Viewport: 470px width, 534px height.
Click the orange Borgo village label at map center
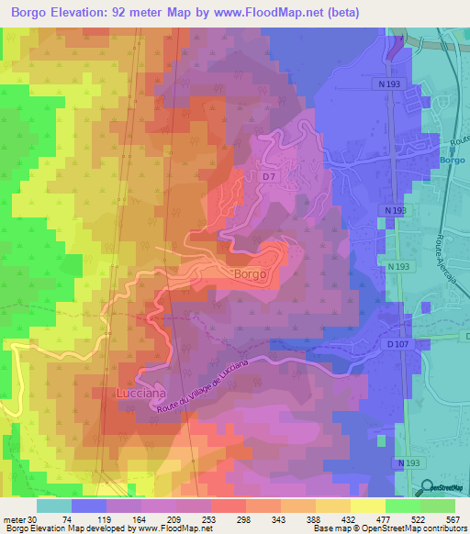pyautogui.click(x=250, y=274)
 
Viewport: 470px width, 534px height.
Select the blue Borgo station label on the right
pyautogui.click(x=453, y=160)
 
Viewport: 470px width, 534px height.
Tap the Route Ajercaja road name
pyautogui.click(x=449, y=229)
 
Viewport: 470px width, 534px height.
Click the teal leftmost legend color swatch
pyautogui.click(x=54, y=505)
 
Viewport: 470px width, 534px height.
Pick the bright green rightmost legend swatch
pyautogui.click(x=437, y=505)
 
